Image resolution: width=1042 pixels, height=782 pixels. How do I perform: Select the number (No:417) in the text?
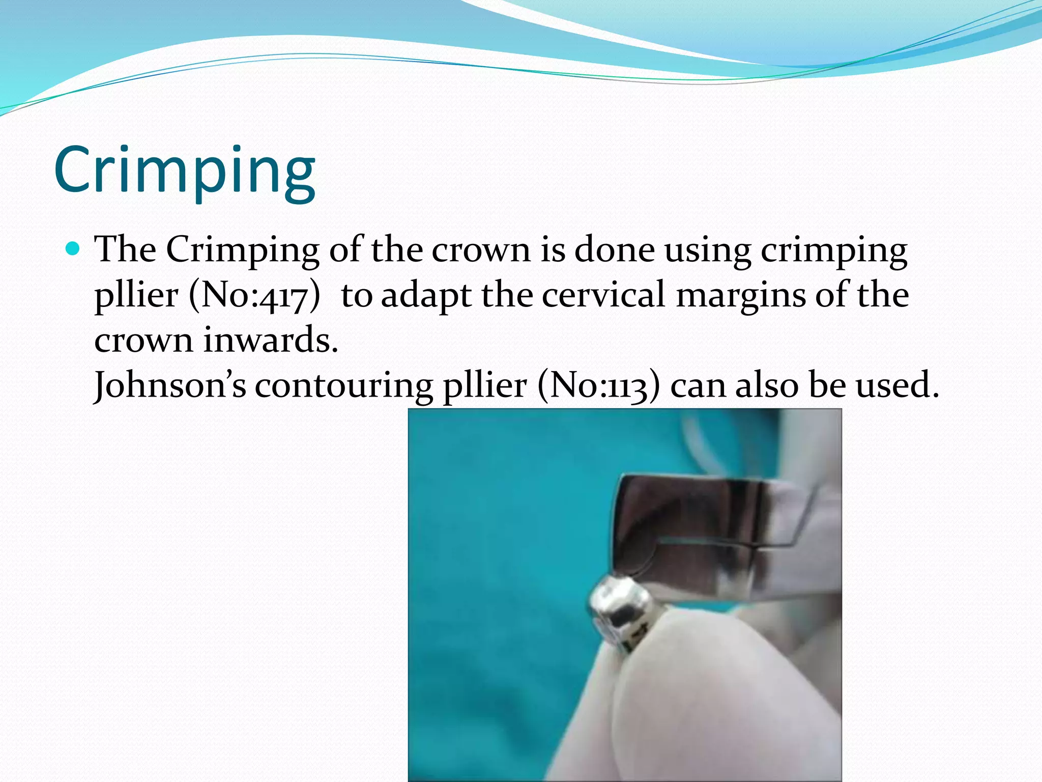pos(255,295)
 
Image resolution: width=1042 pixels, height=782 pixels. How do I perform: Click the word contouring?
pos(344,385)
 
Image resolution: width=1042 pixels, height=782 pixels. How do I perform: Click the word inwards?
pos(271,340)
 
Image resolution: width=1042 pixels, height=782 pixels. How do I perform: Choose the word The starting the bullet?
pos(126,249)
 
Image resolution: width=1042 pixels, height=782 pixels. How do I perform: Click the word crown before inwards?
pos(143,341)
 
